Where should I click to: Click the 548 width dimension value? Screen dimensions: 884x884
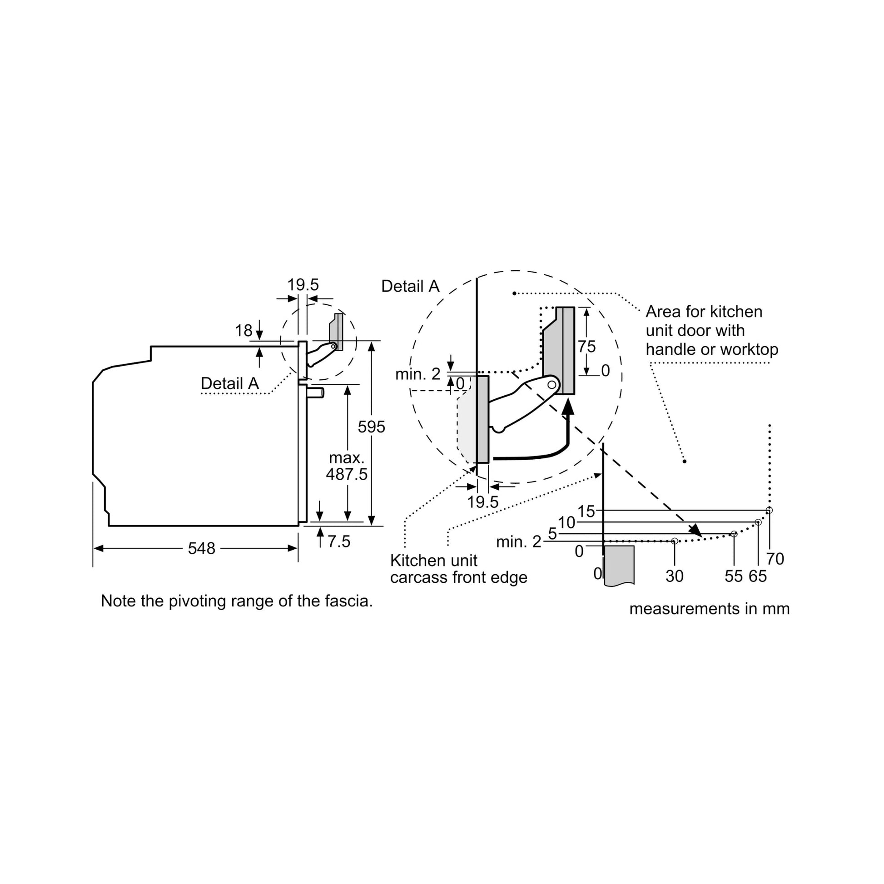tap(201, 548)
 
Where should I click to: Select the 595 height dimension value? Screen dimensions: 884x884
tap(372, 427)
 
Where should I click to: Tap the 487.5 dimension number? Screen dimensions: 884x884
tap(346, 474)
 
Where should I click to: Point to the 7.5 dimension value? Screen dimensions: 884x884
tap(338, 542)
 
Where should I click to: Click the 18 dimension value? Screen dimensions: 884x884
tap(244, 330)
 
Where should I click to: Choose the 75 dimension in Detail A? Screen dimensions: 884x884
tap(586, 347)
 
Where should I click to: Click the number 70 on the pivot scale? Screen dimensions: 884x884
tap(775, 559)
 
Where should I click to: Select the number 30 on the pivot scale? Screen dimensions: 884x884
tap(675, 576)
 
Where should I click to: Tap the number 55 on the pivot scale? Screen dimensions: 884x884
tap(734, 576)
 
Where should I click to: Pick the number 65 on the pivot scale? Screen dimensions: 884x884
tap(758, 576)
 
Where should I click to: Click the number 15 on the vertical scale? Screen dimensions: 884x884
tap(586, 512)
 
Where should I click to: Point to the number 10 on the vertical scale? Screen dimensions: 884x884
tap(566, 522)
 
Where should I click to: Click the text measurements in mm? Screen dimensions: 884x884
tap(710, 609)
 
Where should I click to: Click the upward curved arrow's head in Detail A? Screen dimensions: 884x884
tap(568, 406)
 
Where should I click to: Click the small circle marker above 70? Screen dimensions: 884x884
tap(769, 510)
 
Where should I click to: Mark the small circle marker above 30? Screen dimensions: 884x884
tap(675, 541)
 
